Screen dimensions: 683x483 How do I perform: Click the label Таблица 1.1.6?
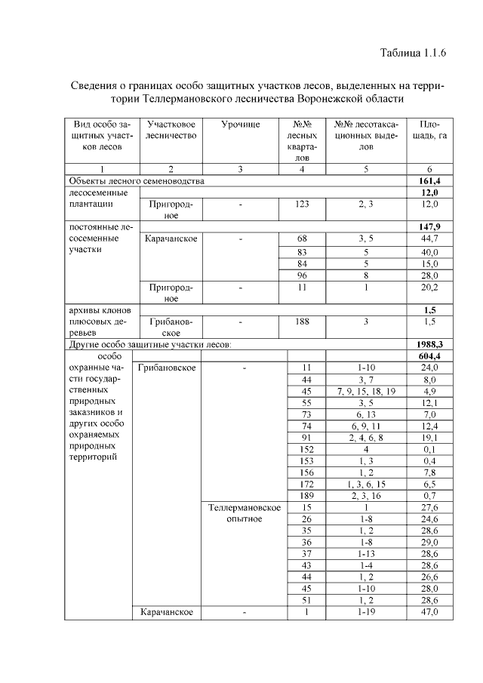click(414, 53)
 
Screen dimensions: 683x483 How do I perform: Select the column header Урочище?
click(240, 123)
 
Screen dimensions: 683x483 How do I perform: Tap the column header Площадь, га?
click(429, 129)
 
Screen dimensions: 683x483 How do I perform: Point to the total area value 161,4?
click(429, 181)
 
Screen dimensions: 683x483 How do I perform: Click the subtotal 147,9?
click(429, 226)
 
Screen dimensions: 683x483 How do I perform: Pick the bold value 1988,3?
click(429, 343)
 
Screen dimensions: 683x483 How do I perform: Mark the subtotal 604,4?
click(429, 355)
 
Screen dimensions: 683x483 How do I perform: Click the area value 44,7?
click(429, 238)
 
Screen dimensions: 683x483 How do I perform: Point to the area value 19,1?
click(429, 438)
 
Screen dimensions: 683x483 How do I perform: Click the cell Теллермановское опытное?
click(245, 513)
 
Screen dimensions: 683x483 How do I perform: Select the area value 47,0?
click(429, 612)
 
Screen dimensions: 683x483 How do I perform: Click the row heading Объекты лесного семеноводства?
click(136, 181)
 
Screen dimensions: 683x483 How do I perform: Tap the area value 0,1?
click(429, 449)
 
